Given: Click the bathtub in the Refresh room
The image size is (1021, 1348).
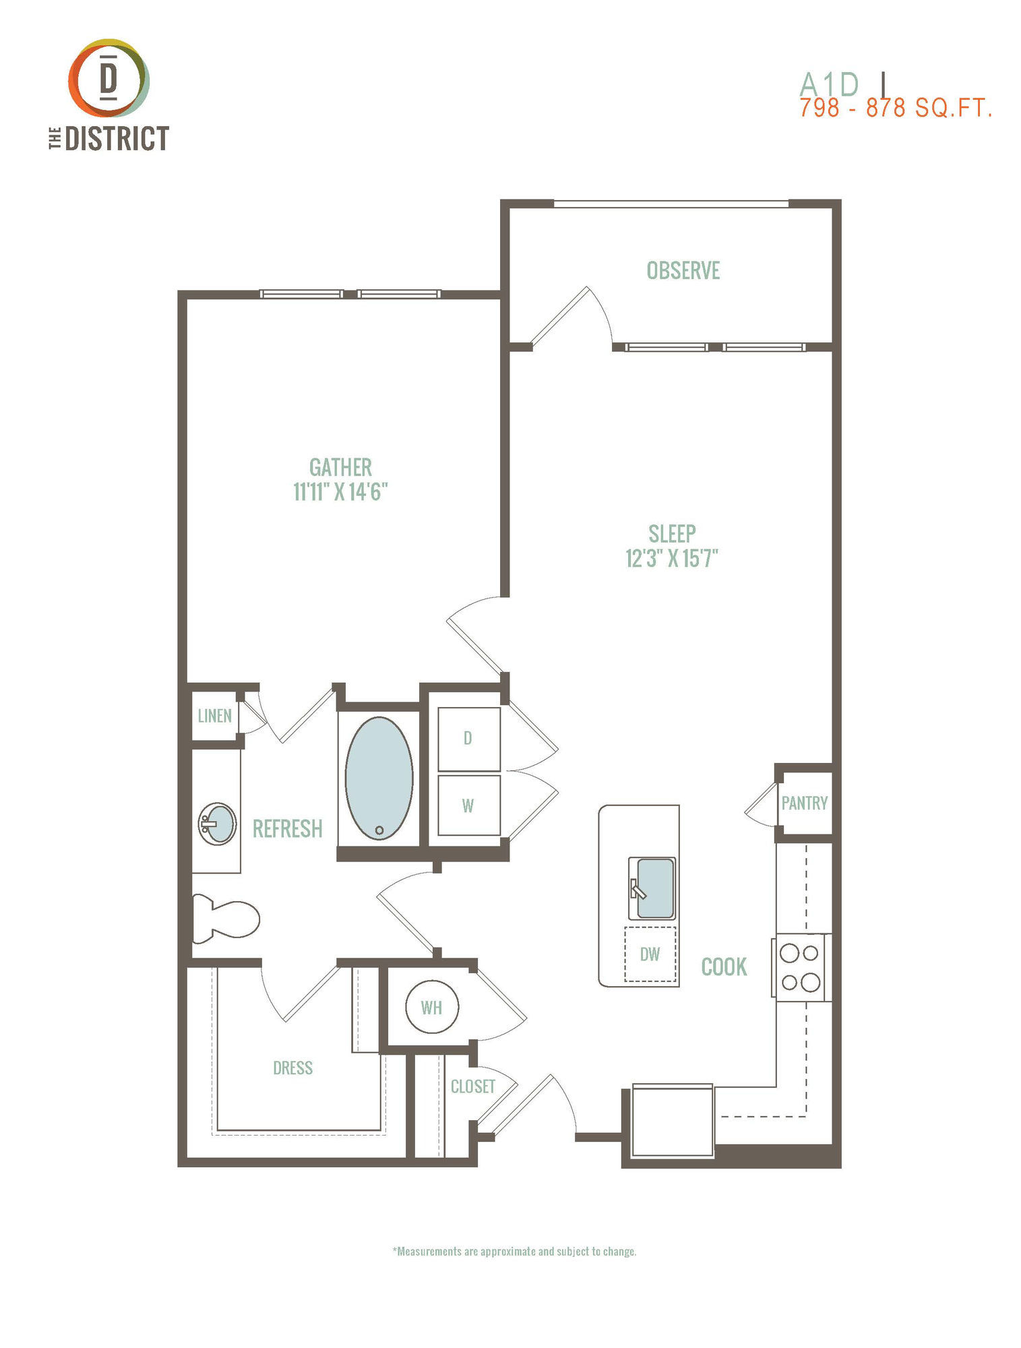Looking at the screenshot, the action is [379, 778].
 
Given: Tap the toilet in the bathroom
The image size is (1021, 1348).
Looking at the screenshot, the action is [225, 918].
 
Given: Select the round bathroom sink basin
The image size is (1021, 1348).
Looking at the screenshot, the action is [218, 824].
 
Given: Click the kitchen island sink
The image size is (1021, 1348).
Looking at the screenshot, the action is [651, 888].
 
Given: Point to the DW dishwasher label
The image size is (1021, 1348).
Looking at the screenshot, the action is [650, 954].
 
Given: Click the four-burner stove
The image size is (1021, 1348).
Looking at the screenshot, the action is [801, 967].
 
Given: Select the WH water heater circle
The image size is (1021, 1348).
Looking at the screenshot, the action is [432, 1007].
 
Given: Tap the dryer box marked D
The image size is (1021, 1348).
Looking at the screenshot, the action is [469, 739].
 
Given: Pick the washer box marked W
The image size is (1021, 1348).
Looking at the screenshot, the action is [469, 805].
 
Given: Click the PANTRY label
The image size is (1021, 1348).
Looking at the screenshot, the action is [804, 803].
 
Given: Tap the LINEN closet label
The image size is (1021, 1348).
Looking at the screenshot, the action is [214, 716].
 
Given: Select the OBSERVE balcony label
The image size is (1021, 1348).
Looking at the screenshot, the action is [683, 270].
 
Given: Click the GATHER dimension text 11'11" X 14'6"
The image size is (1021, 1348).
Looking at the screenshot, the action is [340, 492].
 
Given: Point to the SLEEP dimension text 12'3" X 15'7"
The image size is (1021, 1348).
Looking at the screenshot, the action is [672, 558].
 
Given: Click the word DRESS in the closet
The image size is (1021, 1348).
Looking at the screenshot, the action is [292, 1068].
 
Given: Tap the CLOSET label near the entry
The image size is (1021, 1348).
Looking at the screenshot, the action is [473, 1086].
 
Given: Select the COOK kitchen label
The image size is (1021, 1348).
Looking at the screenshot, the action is [724, 967].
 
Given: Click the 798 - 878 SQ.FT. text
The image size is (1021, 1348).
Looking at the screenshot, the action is [896, 108].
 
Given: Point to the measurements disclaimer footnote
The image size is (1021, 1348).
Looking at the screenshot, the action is [514, 1252].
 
